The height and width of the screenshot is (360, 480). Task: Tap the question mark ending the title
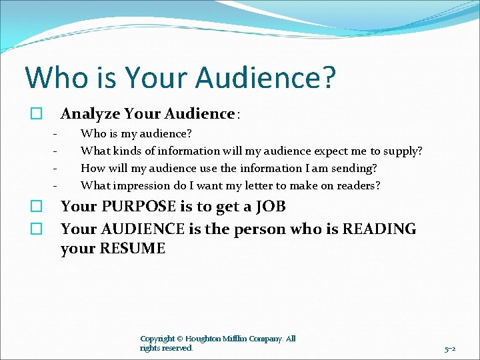pyautogui.click(x=327, y=77)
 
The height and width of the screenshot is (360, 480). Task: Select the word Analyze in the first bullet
pyautogui.click(x=89, y=113)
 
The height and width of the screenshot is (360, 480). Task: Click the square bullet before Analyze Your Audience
pyautogui.click(x=38, y=114)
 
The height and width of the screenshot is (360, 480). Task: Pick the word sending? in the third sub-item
pyautogui.click(x=351, y=168)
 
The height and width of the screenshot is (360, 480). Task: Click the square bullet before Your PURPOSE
pyautogui.click(x=38, y=207)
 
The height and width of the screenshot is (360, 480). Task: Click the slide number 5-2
pyautogui.click(x=449, y=349)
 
